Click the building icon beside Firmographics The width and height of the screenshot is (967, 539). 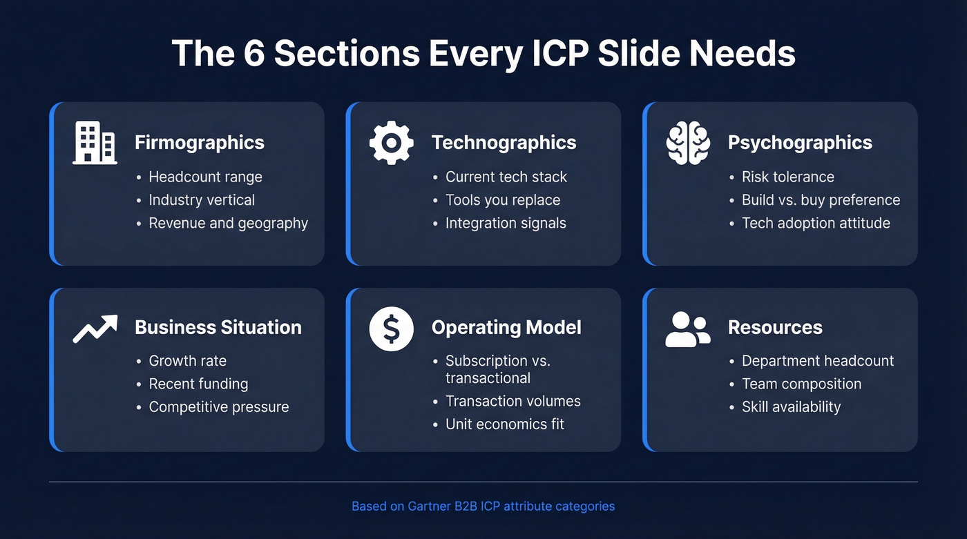click(95, 143)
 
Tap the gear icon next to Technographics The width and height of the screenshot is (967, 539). click(391, 143)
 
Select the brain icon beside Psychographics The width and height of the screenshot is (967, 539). click(687, 143)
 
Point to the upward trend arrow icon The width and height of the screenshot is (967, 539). click(95, 329)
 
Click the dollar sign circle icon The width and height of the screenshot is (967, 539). click(391, 328)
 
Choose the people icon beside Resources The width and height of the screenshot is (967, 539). click(687, 329)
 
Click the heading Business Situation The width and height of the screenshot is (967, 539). click(218, 327)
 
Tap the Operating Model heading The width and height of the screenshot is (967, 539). click(506, 327)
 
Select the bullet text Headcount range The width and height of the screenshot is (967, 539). click(205, 177)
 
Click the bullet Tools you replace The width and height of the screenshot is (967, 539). click(502, 200)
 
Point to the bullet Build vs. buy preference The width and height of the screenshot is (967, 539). click(821, 200)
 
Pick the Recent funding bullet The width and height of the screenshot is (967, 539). click(198, 384)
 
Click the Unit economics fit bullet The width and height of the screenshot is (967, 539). click(504, 424)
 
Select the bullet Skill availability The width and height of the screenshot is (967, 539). click(791, 407)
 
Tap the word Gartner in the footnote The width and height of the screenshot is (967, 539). click(427, 506)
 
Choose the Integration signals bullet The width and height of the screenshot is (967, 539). click(505, 223)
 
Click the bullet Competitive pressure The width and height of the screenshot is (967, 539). click(218, 407)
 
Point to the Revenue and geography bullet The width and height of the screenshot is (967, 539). click(228, 223)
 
